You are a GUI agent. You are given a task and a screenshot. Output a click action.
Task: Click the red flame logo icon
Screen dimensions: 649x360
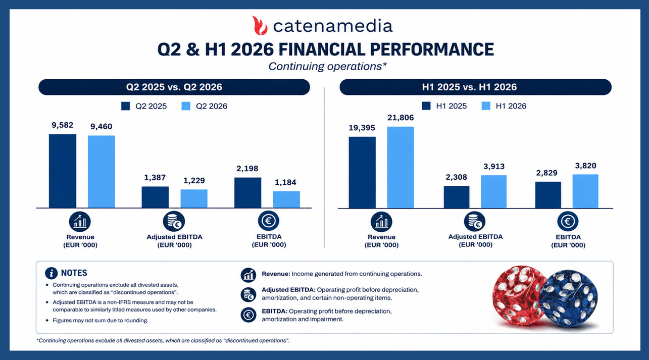tap(260, 26)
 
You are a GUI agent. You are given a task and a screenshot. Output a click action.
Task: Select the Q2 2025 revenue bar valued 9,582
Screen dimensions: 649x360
tap(63, 171)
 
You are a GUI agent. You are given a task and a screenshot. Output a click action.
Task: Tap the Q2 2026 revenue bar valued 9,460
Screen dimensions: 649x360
tap(102, 172)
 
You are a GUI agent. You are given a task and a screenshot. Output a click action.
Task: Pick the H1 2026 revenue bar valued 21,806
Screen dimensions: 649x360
tap(401, 168)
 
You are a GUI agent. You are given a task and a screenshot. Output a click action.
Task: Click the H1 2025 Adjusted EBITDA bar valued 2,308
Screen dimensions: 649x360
tap(457, 197)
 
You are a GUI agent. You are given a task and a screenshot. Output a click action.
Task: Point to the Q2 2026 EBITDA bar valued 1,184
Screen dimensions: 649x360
tap(286, 199)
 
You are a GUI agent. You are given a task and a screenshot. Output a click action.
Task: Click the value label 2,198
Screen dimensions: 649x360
tap(247, 168)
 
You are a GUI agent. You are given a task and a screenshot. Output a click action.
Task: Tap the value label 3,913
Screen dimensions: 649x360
tap(494, 167)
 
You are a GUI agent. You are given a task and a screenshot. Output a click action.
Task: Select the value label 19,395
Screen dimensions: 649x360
tap(362, 128)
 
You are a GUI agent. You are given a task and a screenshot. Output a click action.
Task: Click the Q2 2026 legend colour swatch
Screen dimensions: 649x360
tap(186, 106)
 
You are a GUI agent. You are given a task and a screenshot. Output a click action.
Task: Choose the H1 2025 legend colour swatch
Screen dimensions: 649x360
tap(426, 106)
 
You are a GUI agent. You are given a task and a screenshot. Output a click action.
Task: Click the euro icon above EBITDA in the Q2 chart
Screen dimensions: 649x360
tap(268, 221)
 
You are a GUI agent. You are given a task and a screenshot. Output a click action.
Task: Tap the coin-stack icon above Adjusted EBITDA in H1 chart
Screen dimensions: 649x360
tap(475, 222)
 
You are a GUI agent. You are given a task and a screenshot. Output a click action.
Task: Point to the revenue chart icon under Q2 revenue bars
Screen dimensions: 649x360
tap(80, 222)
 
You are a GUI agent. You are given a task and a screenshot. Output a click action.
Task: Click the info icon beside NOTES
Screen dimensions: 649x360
tap(52, 273)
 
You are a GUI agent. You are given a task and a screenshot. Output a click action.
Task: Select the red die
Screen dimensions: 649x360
tap(517, 295)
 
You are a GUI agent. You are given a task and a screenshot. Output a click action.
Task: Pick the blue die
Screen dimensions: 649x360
tap(568, 298)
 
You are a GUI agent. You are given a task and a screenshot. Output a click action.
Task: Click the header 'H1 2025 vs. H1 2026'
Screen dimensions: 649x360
tap(469, 87)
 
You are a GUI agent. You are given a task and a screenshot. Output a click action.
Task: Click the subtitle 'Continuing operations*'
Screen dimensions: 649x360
tap(327, 67)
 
